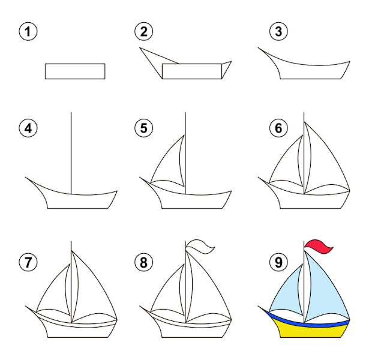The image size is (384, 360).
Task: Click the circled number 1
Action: (x=28, y=32)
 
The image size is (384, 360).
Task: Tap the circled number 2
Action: (x=144, y=32)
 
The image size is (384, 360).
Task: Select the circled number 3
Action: (x=278, y=32)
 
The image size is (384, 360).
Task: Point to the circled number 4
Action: (x=28, y=128)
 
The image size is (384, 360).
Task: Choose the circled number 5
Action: (x=144, y=128)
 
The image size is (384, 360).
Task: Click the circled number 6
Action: (x=278, y=128)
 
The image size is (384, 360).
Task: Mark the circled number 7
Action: (x=28, y=262)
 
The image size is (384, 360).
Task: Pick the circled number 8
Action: (x=144, y=262)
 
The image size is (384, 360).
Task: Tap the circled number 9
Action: (x=278, y=262)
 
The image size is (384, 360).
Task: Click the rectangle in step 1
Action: (x=75, y=71)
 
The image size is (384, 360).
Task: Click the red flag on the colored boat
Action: (x=317, y=247)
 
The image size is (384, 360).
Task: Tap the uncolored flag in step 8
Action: (x=199, y=247)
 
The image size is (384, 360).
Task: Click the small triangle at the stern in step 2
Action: (x=226, y=69)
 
